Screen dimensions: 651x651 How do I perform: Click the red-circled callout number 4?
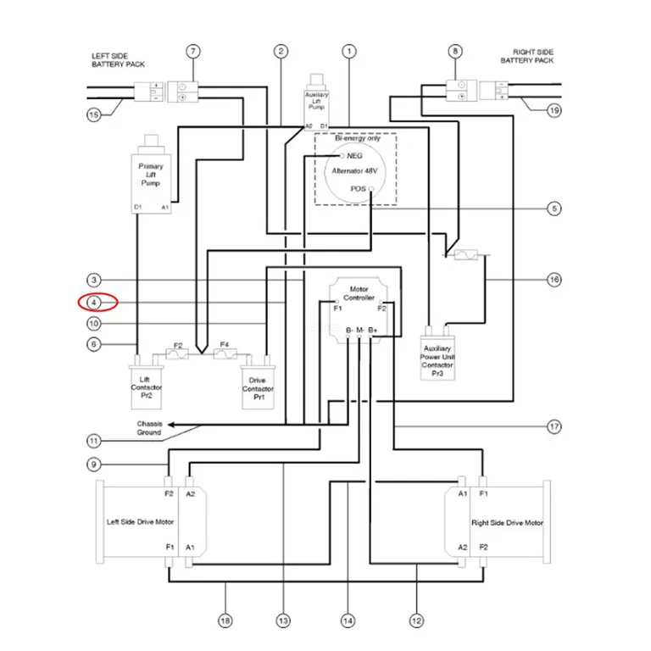(x=94, y=303)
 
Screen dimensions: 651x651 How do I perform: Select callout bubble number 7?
(x=193, y=52)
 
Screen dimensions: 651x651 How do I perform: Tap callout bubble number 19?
(x=554, y=110)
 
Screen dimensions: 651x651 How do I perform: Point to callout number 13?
(x=283, y=621)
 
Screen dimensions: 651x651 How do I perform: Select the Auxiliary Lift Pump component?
(x=316, y=102)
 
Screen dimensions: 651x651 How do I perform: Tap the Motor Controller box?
(x=359, y=309)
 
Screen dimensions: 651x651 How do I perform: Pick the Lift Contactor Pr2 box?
(x=146, y=383)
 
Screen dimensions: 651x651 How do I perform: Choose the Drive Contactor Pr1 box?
(x=258, y=384)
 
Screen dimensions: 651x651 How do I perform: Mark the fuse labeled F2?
(x=177, y=353)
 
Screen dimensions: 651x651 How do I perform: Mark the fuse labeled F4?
(x=225, y=353)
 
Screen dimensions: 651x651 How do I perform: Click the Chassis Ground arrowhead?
(x=171, y=425)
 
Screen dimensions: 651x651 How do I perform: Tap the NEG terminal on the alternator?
(x=342, y=156)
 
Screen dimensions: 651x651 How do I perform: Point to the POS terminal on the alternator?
(x=371, y=189)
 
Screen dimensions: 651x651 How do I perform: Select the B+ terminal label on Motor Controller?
(x=373, y=330)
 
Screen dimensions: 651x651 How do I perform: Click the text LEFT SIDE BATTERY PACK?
(x=119, y=60)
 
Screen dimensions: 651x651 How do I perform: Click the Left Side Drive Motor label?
(x=141, y=522)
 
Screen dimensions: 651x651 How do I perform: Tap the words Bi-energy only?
(x=358, y=138)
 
